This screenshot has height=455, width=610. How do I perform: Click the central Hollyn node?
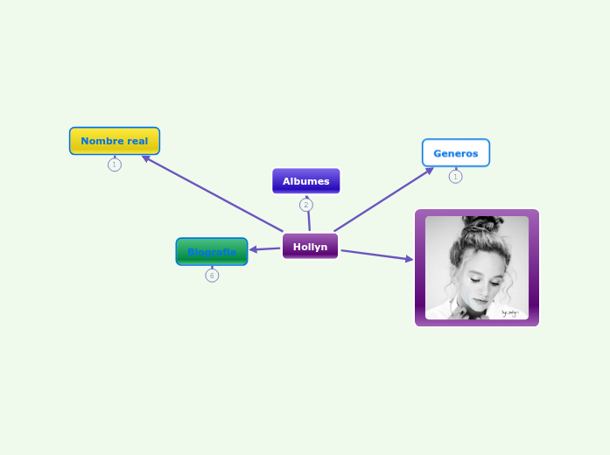[310, 247]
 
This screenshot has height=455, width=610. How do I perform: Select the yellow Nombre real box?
[115, 141]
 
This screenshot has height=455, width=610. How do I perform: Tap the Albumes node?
[305, 181]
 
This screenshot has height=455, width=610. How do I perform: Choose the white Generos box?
[455, 153]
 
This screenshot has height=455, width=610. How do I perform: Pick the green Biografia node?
[212, 252]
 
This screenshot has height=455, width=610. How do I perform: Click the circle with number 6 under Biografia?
[212, 276]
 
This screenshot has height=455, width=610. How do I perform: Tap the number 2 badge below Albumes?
[305, 205]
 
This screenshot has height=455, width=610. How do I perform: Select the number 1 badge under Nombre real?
[115, 164]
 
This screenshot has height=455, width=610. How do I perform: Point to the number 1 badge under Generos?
[455, 177]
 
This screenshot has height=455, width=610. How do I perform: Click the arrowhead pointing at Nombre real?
[147, 158]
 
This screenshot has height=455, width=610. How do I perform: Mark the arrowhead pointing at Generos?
[429, 170]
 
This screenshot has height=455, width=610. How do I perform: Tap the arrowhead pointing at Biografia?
[254, 250]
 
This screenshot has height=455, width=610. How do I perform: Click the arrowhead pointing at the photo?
[408, 259]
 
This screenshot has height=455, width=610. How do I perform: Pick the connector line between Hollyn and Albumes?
[308, 219]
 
